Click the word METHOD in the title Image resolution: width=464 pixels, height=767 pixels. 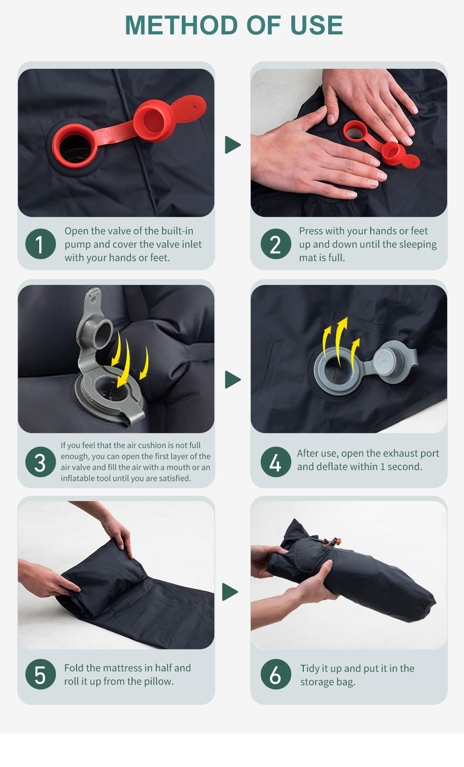click(181, 25)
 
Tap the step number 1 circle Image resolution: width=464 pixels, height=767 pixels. click(40, 244)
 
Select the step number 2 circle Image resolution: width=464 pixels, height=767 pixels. click(276, 244)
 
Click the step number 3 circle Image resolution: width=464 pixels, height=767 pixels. click(40, 462)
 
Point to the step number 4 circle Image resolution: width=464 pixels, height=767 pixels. click(276, 462)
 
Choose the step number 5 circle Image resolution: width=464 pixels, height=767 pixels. click(40, 674)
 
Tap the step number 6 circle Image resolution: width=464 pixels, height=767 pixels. click(276, 674)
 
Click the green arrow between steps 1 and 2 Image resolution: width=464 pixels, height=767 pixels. click(232, 145)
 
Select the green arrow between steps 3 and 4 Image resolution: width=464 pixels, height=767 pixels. click(232, 380)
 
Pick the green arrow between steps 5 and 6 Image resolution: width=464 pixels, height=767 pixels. click(230, 592)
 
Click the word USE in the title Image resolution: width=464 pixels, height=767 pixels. click(316, 25)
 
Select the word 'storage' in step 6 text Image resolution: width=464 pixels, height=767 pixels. click(317, 682)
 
